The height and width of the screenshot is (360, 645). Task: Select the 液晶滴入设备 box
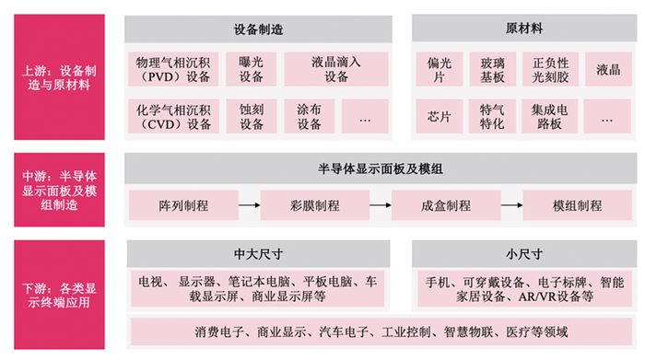pyautogui.click(x=336, y=70)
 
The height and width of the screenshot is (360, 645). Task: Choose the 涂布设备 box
pyautogui.click(x=310, y=116)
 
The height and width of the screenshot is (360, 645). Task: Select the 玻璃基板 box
pyautogui.click(x=492, y=70)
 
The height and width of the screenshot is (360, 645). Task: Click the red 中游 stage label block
pyautogui.click(x=61, y=188)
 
